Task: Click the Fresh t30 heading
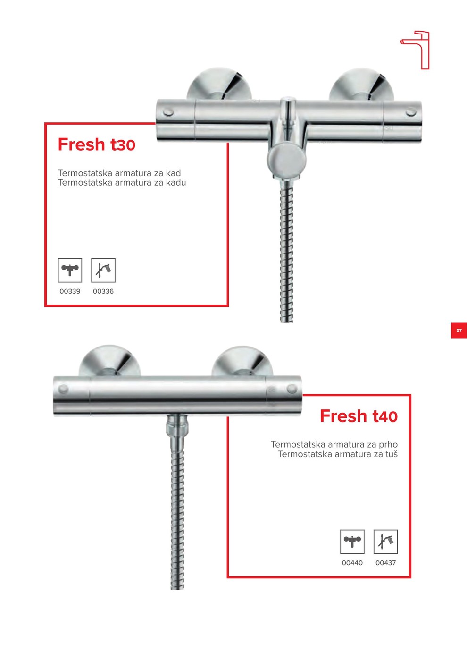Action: [x=96, y=144]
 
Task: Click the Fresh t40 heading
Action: [x=359, y=416]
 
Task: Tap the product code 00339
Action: [x=70, y=291]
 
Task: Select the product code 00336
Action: [x=103, y=291]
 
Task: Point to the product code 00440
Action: [x=352, y=563]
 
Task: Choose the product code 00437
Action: [x=386, y=563]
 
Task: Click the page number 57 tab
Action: [x=459, y=330]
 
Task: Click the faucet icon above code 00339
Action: [x=70, y=270]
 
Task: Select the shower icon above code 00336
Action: [x=103, y=270]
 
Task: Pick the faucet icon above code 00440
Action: [x=352, y=542]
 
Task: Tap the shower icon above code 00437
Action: [x=386, y=542]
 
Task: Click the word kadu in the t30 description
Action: [x=175, y=183]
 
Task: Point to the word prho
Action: [x=388, y=444]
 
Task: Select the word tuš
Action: [x=392, y=454]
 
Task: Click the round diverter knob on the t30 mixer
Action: [x=287, y=161]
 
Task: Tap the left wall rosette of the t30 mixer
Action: [x=219, y=84]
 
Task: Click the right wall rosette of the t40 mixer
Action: [x=242, y=362]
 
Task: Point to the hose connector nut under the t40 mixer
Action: [x=176, y=425]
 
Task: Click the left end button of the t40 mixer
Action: [x=63, y=389]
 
